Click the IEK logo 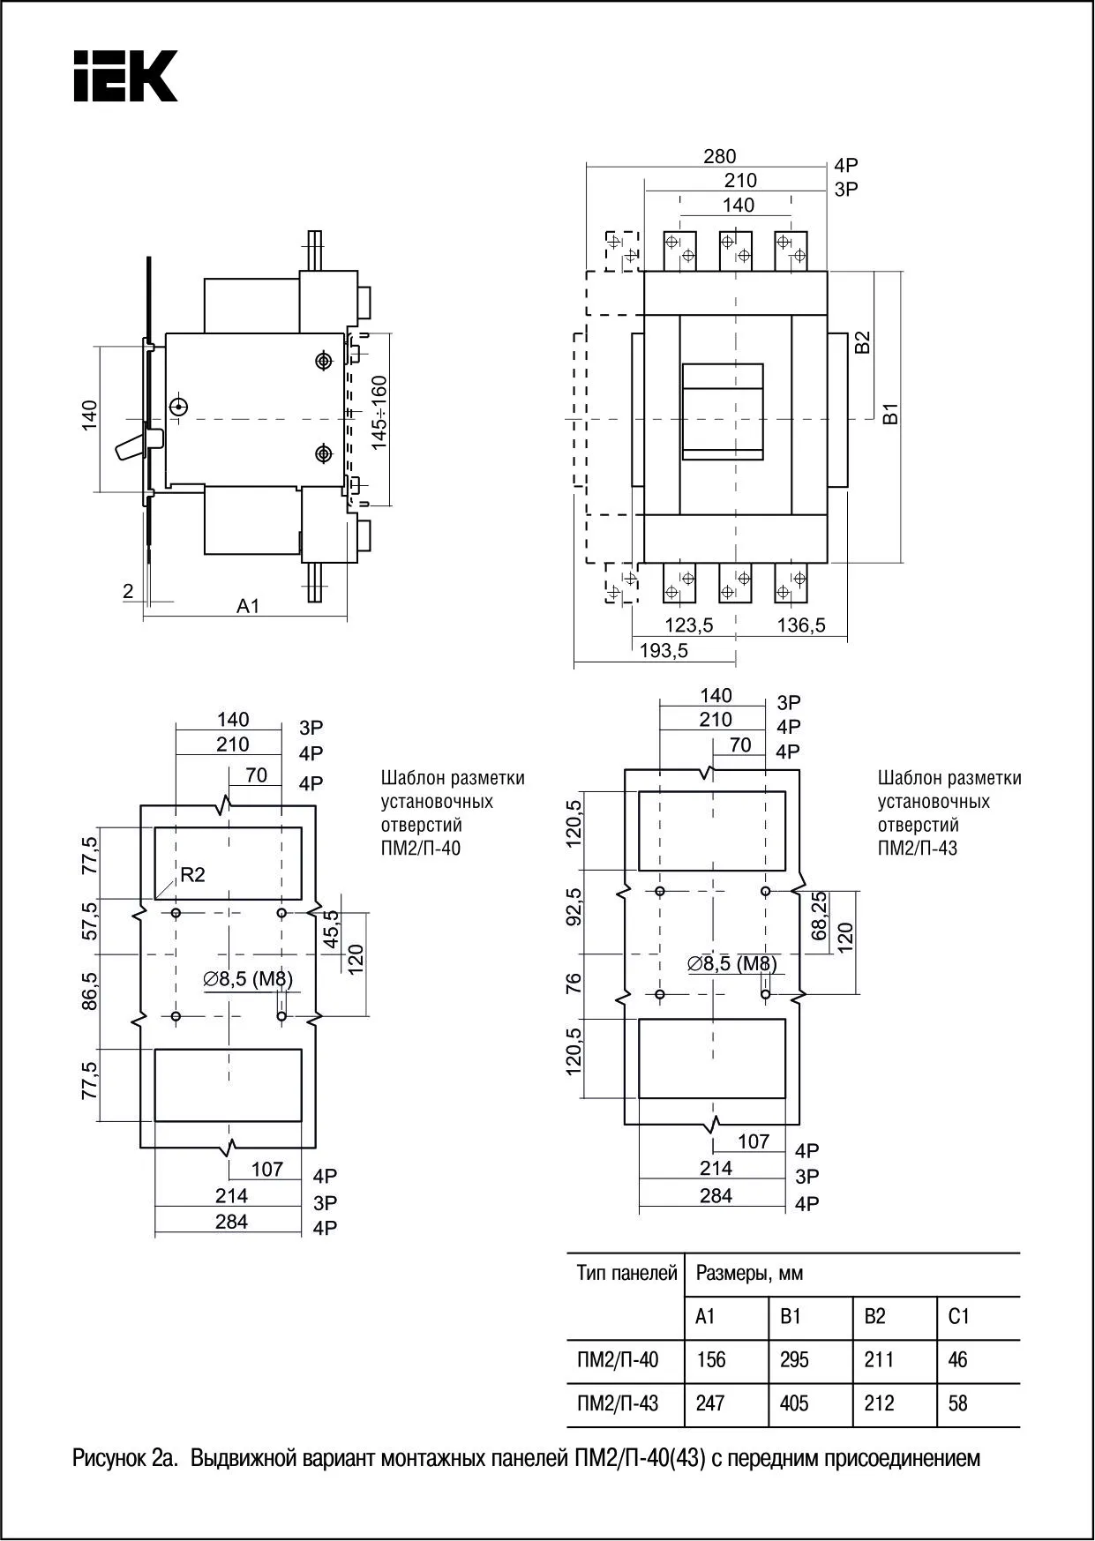[125, 76]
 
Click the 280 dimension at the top [719, 156]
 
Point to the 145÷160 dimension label [379, 412]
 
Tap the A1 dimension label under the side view [248, 606]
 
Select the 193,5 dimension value [664, 651]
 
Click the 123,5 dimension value [688, 625]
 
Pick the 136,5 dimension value [801, 625]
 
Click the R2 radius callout [191, 874]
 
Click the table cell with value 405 [794, 1403]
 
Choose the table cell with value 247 [710, 1403]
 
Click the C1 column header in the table [959, 1316]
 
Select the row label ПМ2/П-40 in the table [618, 1359]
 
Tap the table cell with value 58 [958, 1403]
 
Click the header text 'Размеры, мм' [749, 1274]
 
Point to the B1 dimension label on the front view [891, 413]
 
